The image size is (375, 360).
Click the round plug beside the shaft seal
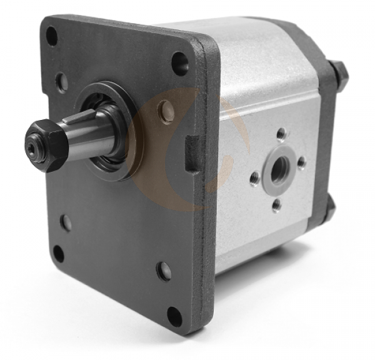[x=166, y=112]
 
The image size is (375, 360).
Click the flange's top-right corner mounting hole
[x=179, y=63]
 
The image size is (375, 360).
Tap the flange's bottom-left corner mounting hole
[x=58, y=254]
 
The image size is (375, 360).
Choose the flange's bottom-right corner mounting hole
[x=174, y=317]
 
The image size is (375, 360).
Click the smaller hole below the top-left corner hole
[x=61, y=81]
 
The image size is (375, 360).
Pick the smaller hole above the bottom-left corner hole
[x=66, y=222]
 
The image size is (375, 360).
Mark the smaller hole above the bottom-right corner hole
[x=164, y=271]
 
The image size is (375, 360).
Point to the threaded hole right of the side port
[x=302, y=163]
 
